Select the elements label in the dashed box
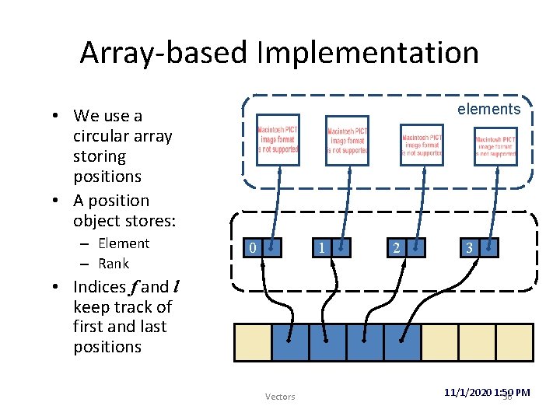coord(488,109)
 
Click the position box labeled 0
coord(261,248)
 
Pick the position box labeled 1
coord(331,248)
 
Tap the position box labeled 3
coord(478,248)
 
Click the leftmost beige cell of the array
coord(253,342)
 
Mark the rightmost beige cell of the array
coord(514,342)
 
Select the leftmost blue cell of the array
coord(290,342)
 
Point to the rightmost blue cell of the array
coord(402,342)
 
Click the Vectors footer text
coord(280,397)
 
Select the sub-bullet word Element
coord(124,243)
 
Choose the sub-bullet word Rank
coord(114,264)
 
